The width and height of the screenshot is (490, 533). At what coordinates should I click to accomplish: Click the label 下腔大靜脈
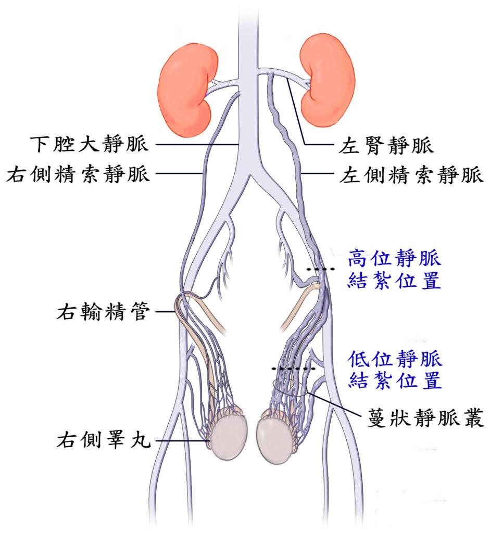[89, 144]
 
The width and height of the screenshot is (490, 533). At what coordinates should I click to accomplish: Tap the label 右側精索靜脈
[78, 174]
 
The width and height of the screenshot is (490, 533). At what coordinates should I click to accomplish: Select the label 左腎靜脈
[386, 146]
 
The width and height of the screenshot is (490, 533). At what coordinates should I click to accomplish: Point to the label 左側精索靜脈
[411, 175]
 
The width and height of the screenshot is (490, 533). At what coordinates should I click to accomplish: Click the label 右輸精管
[103, 311]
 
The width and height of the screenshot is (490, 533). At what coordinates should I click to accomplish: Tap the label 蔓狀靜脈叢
[426, 418]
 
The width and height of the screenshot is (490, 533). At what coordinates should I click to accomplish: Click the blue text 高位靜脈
[395, 258]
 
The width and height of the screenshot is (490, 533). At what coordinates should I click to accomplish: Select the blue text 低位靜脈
[395, 359]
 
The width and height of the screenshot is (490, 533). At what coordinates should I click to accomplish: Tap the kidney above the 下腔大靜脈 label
[187, 90]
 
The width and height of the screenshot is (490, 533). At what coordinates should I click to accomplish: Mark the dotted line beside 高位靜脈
[320, 269]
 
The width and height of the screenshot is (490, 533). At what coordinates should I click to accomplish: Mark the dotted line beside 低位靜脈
[293, 369]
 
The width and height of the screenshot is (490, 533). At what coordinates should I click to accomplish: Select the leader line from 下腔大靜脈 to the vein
[198, 145]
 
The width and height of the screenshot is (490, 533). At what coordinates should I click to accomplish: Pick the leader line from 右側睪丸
[183, 441]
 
